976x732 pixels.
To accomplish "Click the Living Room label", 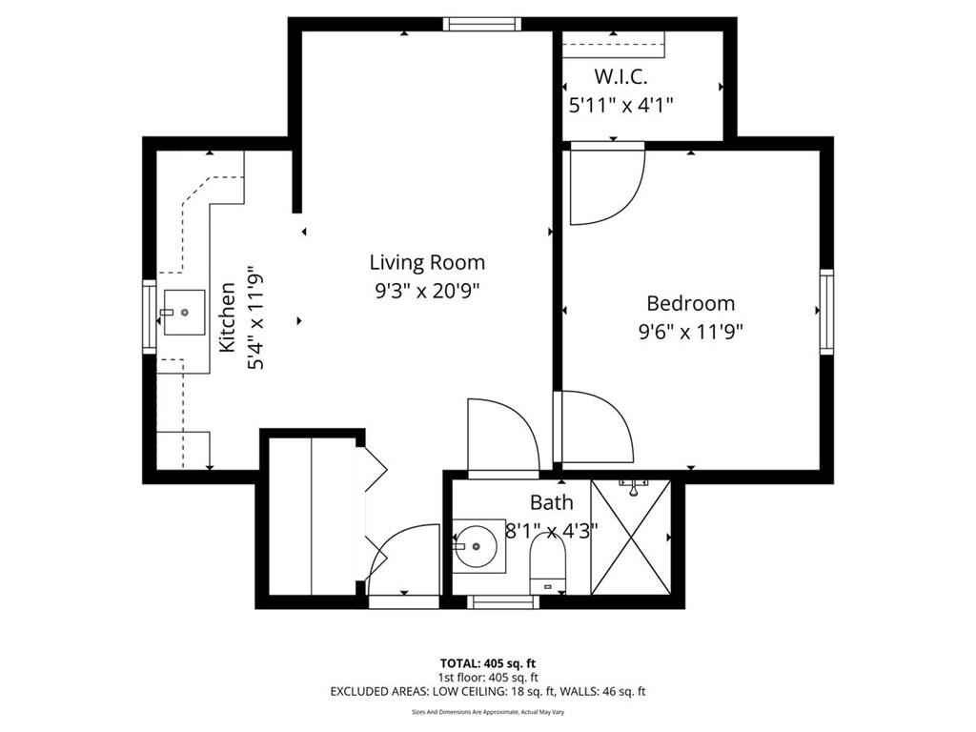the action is [427, 262].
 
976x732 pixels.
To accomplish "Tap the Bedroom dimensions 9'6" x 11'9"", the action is [691, 331].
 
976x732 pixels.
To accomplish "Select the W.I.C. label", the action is [620, 76].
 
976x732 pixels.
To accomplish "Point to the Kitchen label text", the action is [227, 316].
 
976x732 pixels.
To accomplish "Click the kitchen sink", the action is [184, 312].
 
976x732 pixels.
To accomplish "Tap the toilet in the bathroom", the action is [548, 564].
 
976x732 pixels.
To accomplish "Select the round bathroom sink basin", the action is [476, 546].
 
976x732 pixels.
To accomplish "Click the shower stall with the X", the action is [631, 538].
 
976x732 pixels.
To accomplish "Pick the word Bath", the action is [552, 502].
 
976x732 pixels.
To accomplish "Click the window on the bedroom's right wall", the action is [826, 312].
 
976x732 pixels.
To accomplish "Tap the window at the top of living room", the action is [481, 24].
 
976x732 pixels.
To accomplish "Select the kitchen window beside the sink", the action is [150, 316].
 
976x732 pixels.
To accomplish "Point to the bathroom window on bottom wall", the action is [503, 602].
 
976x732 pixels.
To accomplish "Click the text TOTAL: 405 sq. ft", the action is [488, 663].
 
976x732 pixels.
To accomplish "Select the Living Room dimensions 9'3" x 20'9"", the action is [428, 290].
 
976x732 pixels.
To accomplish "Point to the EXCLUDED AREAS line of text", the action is [488, 691].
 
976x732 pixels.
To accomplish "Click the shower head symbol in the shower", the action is [633, 487].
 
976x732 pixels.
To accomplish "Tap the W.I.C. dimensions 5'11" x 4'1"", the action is [621, 105].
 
